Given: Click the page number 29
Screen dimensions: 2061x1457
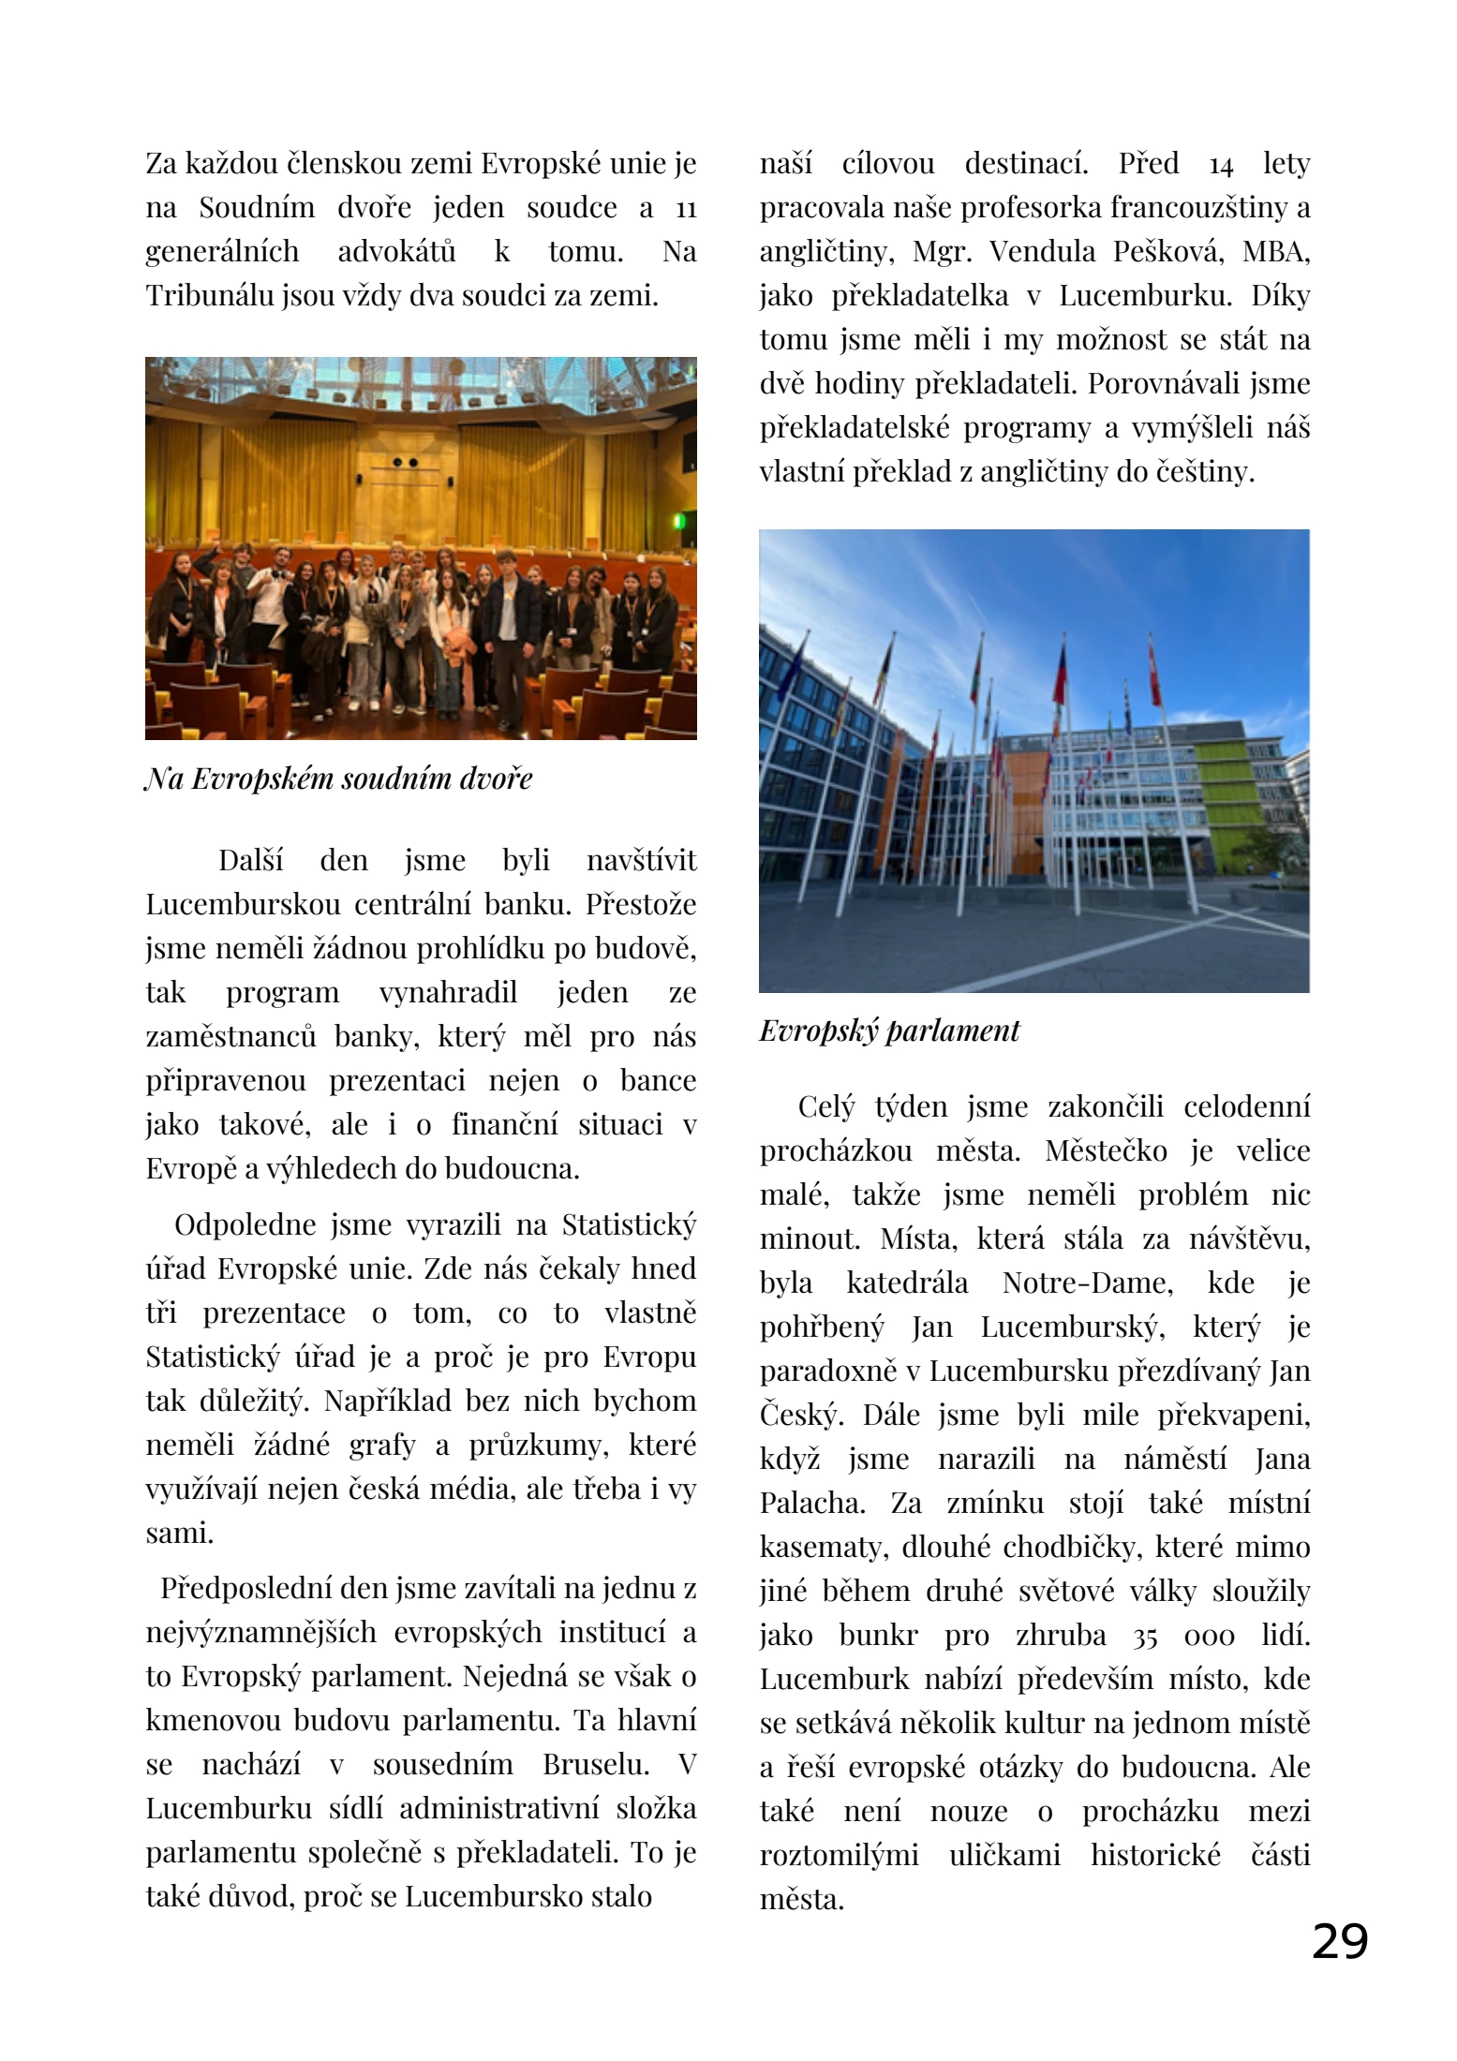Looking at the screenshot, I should pos(1339,1940).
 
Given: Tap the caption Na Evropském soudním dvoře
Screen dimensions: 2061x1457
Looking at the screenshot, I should pos(338,778).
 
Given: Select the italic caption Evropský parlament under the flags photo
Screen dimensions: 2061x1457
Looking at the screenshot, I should pos(888,1030).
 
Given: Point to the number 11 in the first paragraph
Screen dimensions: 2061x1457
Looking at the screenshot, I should pos(685,209).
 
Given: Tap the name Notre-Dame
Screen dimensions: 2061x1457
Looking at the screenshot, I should pos(1087,1283).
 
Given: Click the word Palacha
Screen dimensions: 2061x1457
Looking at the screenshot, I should pos(810,1503).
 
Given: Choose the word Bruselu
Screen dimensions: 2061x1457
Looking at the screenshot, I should pos(596,1765).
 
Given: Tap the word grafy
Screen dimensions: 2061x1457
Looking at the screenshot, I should pos(381,1446).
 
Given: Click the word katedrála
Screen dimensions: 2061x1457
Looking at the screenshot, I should pos(906,1283).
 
